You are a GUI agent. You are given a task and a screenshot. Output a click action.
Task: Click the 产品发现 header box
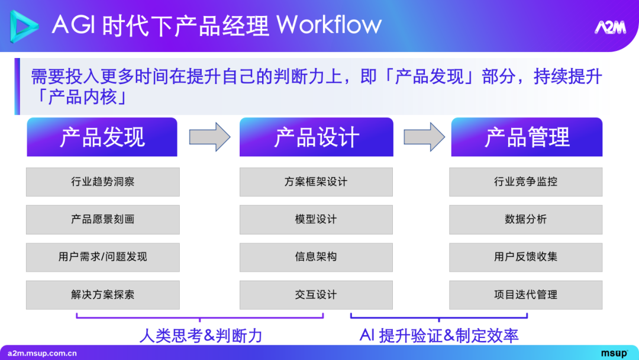(102, 137)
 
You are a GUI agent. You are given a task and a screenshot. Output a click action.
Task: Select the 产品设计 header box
(316, 137)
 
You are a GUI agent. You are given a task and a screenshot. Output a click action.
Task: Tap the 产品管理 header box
(527, 137)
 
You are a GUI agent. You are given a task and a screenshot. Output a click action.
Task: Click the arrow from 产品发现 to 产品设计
(209, 137)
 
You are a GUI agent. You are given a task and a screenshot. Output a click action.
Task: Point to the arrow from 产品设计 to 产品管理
(424, 137)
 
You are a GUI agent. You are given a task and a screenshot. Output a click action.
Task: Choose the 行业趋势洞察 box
(102, 182)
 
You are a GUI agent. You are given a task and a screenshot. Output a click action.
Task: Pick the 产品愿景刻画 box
(102, 219)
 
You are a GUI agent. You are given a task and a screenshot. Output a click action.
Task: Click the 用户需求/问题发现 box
(102, 257)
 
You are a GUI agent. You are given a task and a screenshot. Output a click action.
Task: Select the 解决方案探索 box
(102, 294)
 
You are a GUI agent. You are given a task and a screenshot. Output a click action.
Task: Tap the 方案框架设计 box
(316, 182)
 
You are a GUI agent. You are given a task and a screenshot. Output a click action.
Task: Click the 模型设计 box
(316, 219)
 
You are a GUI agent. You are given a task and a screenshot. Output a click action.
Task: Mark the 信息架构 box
(316, 257)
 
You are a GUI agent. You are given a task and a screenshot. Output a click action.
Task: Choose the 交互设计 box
(316, 294)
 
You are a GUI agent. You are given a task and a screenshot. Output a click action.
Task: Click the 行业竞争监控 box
(526, 182)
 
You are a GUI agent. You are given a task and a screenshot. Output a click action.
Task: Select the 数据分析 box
(526, 219)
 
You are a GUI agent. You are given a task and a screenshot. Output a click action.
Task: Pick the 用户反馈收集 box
(526, 257)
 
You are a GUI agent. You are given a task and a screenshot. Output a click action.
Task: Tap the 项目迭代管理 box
(526, 294)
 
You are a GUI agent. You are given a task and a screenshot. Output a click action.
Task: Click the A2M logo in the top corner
(609, 28)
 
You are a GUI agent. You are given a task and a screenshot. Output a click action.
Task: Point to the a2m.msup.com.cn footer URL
(42, 353)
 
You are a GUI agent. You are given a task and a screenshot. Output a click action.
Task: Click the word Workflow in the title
(329, 25)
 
